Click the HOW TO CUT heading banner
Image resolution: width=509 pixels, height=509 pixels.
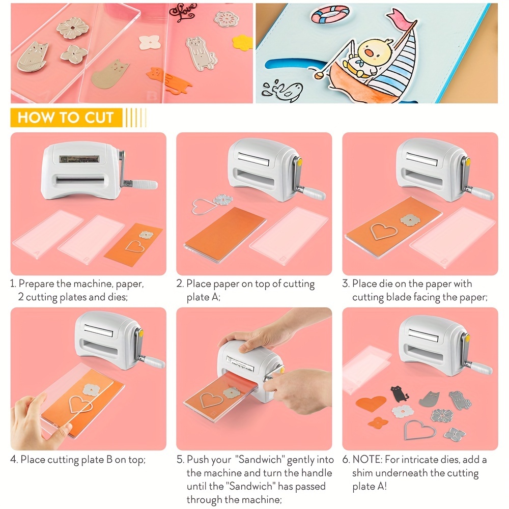[66, 118]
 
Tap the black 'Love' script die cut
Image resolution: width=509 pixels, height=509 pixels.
[183, 14]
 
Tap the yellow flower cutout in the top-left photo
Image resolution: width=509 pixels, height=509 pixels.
[243, 42]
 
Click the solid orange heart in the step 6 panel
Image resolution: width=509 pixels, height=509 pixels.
[371, 404]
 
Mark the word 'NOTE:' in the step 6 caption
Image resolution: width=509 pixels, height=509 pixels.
[367, 460]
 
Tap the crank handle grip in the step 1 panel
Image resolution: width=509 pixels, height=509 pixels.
[144, 182]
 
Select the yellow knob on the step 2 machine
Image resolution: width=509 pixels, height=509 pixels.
[299, 162]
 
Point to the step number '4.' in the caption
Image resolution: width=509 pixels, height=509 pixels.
[14, 460]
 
